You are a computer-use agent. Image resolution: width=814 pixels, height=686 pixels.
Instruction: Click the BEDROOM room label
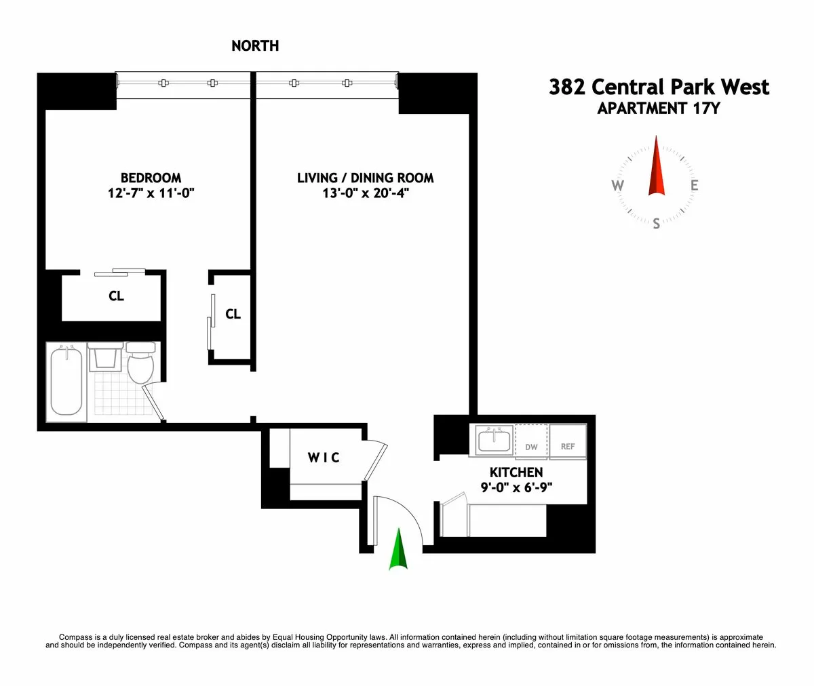151,178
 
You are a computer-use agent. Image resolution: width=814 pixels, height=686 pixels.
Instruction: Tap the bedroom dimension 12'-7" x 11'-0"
151,193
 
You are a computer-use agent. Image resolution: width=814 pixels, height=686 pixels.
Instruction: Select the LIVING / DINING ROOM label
365,178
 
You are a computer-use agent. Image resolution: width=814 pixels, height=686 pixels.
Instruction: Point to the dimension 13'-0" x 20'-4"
366,193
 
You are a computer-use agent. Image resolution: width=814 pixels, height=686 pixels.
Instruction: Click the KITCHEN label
516,472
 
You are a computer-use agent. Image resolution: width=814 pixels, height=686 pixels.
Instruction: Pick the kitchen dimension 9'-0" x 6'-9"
516,487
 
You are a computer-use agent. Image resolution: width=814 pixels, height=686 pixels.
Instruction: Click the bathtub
66,382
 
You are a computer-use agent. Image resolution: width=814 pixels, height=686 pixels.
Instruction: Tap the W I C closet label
324,458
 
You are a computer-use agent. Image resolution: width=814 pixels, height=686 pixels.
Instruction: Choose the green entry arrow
399,550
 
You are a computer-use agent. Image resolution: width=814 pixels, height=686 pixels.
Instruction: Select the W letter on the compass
618,186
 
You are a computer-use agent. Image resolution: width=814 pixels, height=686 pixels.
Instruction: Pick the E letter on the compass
695,186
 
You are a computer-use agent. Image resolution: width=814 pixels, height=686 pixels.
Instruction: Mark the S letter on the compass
656,224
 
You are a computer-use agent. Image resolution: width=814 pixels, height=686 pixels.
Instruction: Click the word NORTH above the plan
255,46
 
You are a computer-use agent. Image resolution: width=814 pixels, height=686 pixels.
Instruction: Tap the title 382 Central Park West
659,87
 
